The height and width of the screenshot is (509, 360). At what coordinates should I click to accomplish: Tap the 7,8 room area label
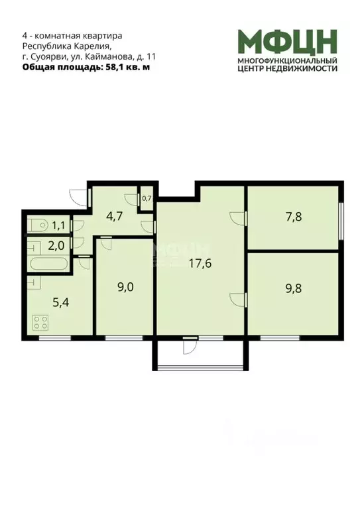point(294,215)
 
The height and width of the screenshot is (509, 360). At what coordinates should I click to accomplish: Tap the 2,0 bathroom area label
point(56,245)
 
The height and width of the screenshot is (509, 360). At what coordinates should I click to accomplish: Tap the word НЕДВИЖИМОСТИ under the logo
point(303,68)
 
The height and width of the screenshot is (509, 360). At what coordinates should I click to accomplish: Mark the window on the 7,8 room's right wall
point(342,218)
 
